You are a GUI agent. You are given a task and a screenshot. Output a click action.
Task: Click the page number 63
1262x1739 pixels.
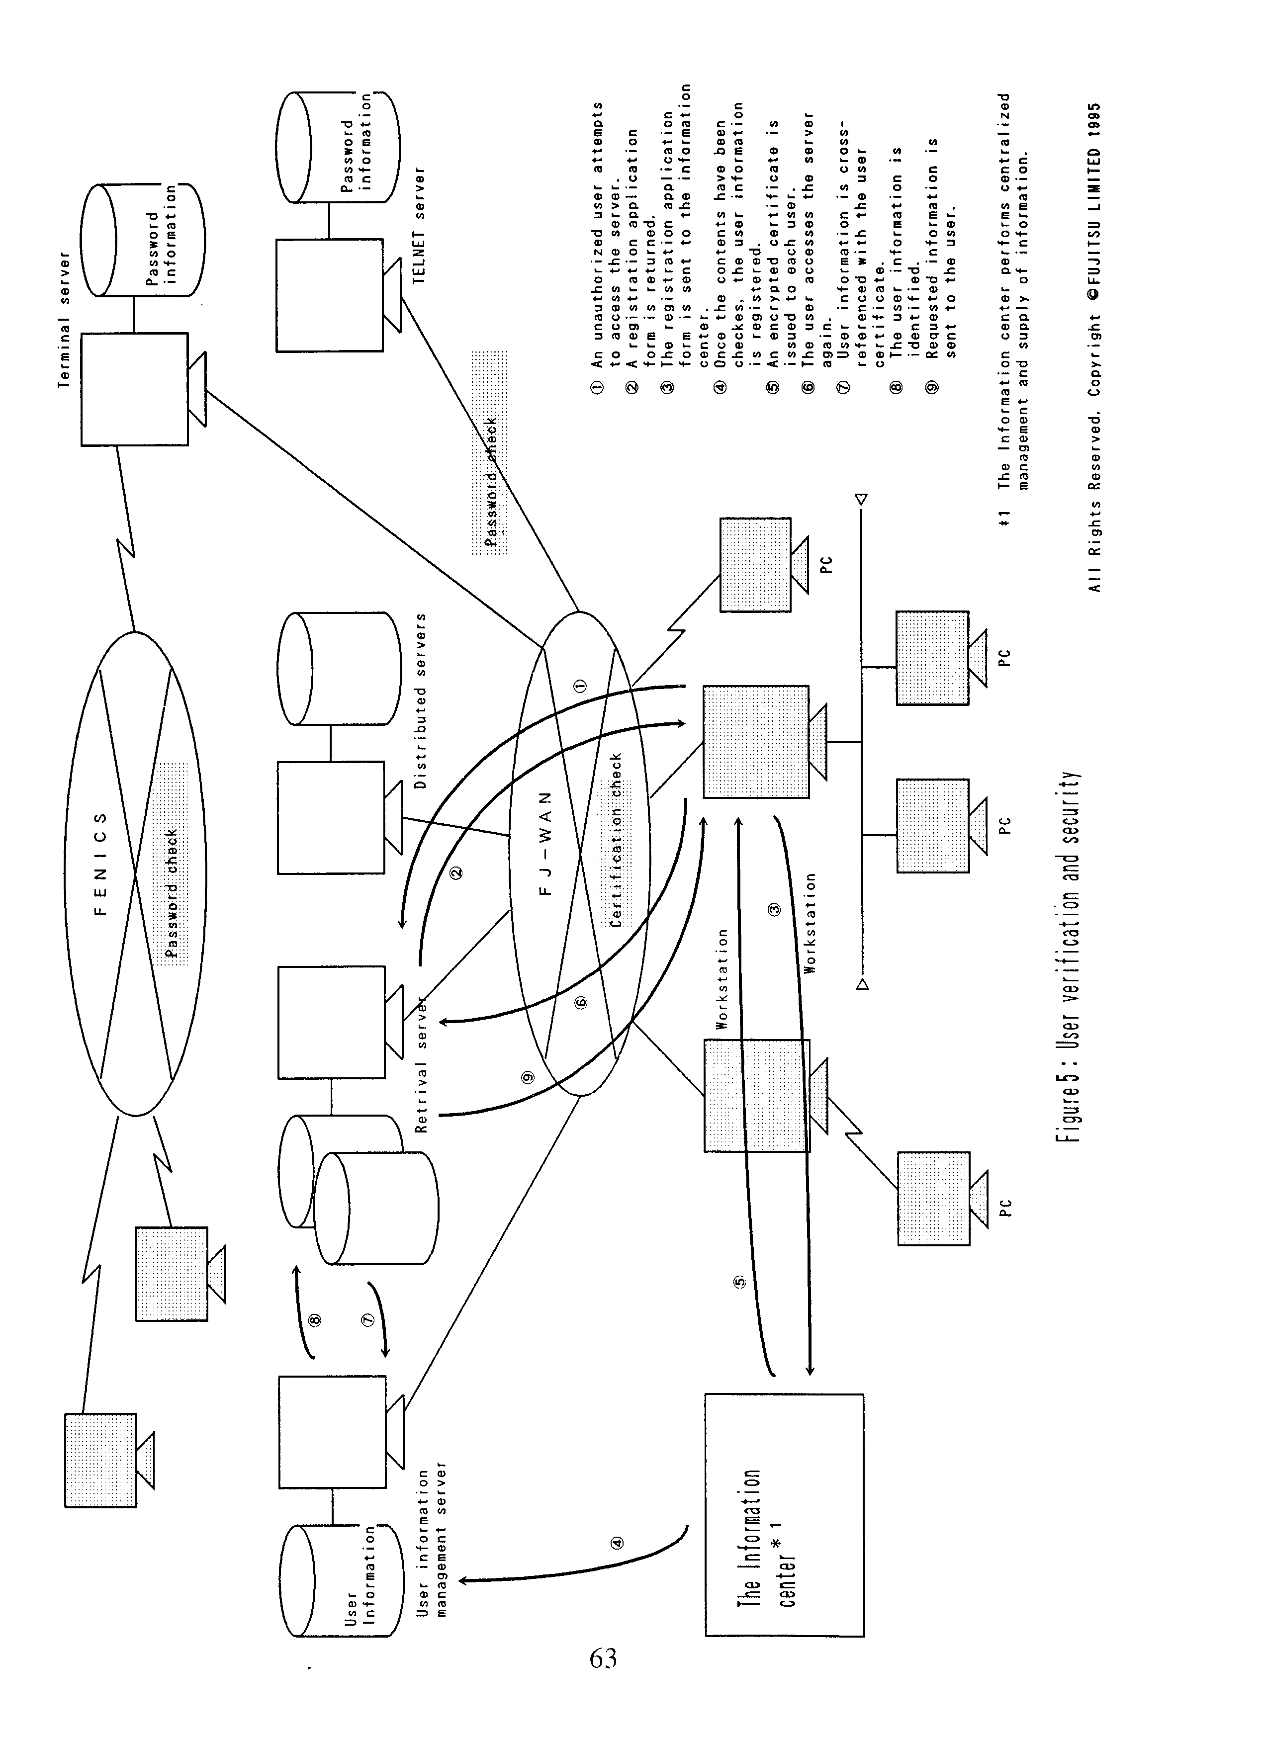click(603, 1658)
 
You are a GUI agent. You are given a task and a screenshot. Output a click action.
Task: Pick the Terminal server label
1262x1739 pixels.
click(65, 320)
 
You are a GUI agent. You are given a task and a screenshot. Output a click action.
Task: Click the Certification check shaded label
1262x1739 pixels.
click(616, 841)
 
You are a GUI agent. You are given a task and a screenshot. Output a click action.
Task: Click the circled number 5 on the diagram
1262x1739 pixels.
click(740, 1281)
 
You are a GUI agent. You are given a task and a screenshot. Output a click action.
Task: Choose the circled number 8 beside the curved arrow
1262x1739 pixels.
click(314, 1319)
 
